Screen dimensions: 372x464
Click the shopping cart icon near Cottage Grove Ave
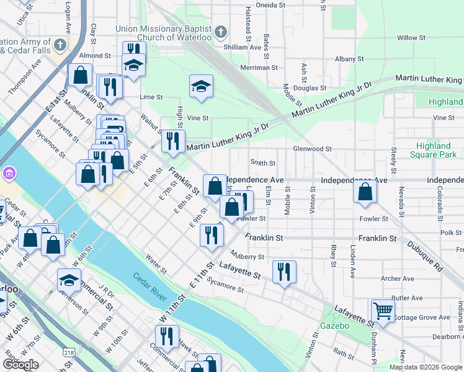click(x=383, y=310)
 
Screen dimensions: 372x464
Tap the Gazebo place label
click(x=335, y=325)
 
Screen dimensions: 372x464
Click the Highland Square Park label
click(x=434, y=150)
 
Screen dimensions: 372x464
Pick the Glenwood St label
click(x=313, y=149)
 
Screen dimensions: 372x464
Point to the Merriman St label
click(x=259, y=68)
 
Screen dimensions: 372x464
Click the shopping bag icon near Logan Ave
click(x=81, y=75)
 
